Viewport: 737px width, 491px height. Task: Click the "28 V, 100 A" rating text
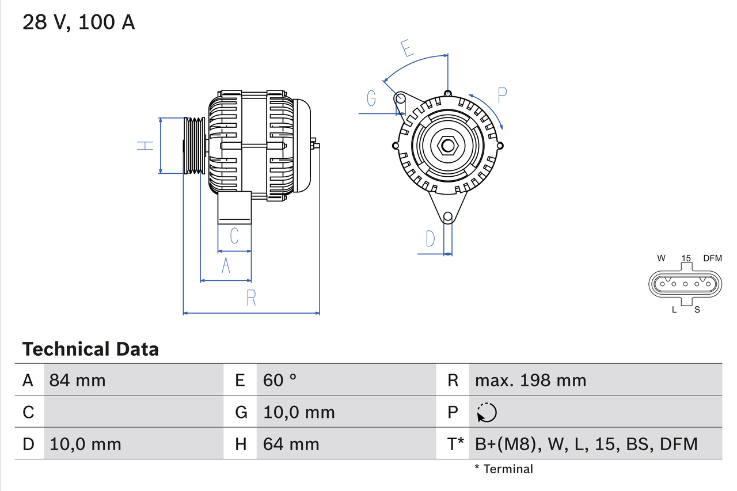pos(78,22)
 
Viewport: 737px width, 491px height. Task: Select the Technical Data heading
pos(90,349)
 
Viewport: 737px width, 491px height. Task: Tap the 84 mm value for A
pos(78,380)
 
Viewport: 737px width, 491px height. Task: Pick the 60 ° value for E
pos(280,380)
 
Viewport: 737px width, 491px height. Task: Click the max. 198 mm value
pos(530,380)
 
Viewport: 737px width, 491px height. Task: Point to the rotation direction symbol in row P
pos(487,412)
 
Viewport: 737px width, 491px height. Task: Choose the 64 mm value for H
pos(291,444)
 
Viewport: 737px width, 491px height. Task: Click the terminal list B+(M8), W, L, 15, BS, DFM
pos(586,444)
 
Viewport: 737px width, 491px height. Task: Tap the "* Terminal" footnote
pos(504,469)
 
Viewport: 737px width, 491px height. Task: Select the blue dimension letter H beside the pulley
pos(146,146)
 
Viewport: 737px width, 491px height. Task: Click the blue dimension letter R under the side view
pos(251,298)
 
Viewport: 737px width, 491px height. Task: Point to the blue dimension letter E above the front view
pos(408,49)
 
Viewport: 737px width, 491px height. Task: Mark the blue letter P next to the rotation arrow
pos(502,96)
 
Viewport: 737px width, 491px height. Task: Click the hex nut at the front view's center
pos(447,145)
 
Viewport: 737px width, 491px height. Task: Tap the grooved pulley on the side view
pos(194,146)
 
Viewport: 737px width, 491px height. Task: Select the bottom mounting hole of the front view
pos(447,216)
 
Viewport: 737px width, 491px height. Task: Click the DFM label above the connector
pos(712,258)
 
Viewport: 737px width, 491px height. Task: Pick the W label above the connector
pos(661,258)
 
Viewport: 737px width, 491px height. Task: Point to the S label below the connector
pos(697,310)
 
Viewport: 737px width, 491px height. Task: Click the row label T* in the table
pos(455,444)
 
